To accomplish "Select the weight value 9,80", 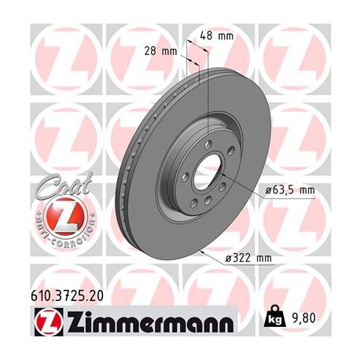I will [x=307, y=319].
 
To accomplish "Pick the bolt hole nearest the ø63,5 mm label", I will [x=226, y=185].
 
